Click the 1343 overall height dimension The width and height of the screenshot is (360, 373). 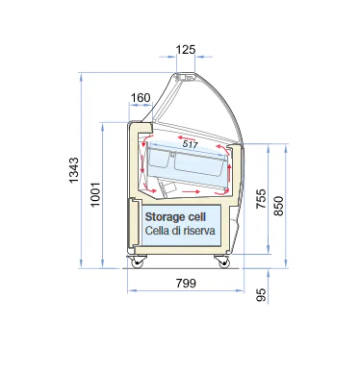click(74, 170)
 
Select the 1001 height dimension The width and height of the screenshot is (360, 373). click(95, 194)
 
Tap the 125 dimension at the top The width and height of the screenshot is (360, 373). click(186, 50)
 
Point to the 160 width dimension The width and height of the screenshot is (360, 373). click(141, 97)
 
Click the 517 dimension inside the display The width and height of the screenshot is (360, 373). click(190, 144)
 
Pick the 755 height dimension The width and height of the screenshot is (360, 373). click(261, 199)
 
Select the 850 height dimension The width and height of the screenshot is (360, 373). click(279, 206)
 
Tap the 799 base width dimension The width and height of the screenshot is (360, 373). click(186, 284)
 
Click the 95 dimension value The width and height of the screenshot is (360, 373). click(262, 295)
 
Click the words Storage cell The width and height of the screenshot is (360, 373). click(175, 217)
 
